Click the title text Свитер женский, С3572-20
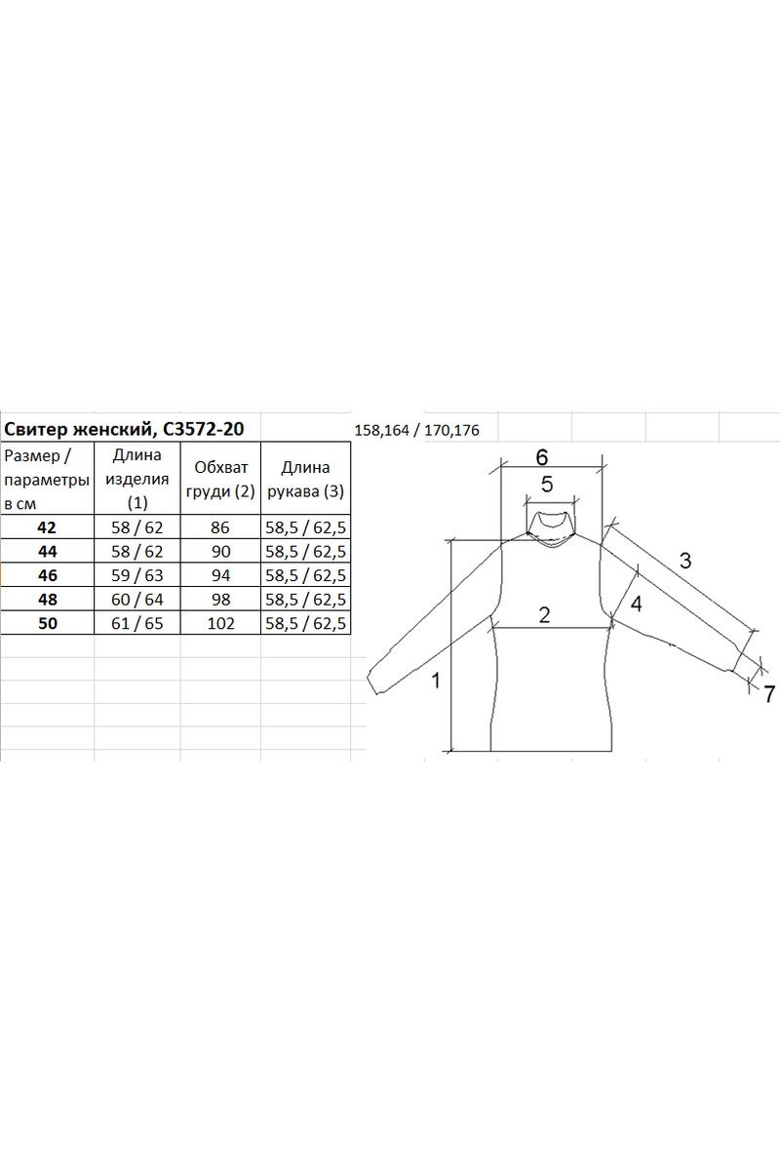[x=124, y=429]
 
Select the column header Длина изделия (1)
[x=137, y=479]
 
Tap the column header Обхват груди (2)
[x=220, y=479]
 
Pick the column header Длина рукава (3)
[x=305, y=479]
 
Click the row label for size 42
[x=47, y=527]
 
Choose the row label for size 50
[x=47, y=623]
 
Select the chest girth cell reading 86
[x=220, y=527]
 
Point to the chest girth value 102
[x=220, y=623]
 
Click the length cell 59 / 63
[x=137, y=575]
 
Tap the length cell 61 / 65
[x=137, y=623]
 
